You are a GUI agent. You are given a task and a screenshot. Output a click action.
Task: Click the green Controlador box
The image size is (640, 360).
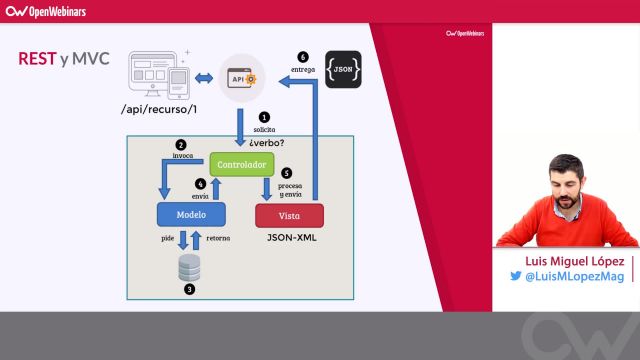point(241,163)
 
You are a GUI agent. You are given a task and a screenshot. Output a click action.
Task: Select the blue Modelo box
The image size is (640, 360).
point(192,214)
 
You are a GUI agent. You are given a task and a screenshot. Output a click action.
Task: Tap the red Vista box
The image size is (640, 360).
point(290,215)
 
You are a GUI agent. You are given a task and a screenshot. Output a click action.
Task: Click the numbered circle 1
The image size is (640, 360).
point(265,118)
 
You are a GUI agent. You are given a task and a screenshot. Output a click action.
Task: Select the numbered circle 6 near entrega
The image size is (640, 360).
point(305,56)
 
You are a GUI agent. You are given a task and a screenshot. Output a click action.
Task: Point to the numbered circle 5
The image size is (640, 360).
point(286,172)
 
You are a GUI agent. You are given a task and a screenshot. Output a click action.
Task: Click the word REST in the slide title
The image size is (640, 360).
point(37,58)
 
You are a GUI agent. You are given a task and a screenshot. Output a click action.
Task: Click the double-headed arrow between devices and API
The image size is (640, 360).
point(204,77)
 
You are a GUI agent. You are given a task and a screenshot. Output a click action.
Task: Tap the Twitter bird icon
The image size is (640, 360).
point(516,277)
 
